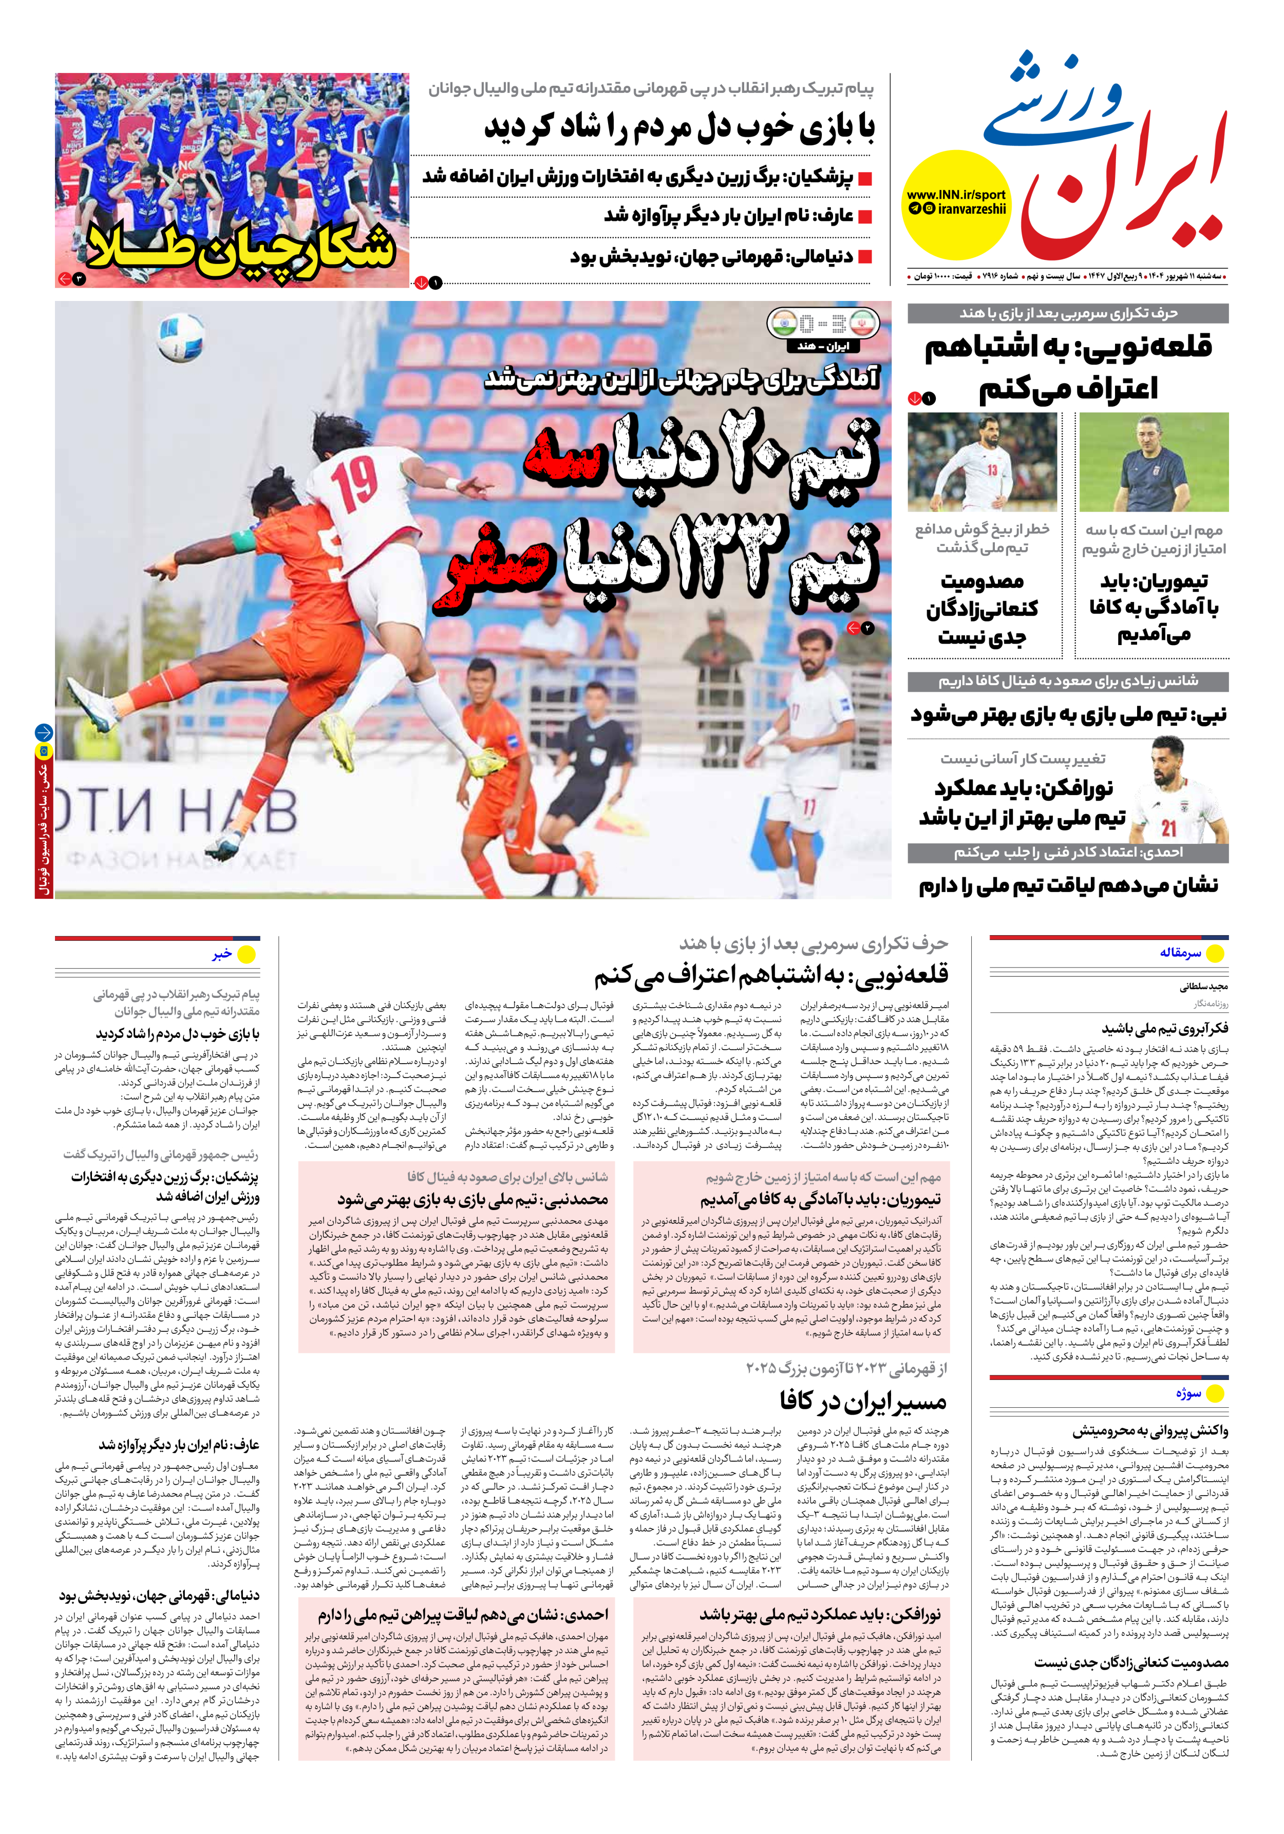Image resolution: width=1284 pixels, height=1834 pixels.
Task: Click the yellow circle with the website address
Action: (956, 204)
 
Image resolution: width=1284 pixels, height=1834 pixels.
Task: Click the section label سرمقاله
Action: (1180, 953)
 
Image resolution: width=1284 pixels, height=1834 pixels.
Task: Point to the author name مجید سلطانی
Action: (1203, 987)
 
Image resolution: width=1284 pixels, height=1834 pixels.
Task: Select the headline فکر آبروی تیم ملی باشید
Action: (1165, 1029)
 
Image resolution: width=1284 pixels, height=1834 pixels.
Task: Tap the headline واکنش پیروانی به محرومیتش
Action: (1150, 1431)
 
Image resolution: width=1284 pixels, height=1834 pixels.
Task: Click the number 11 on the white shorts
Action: (808, 807)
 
